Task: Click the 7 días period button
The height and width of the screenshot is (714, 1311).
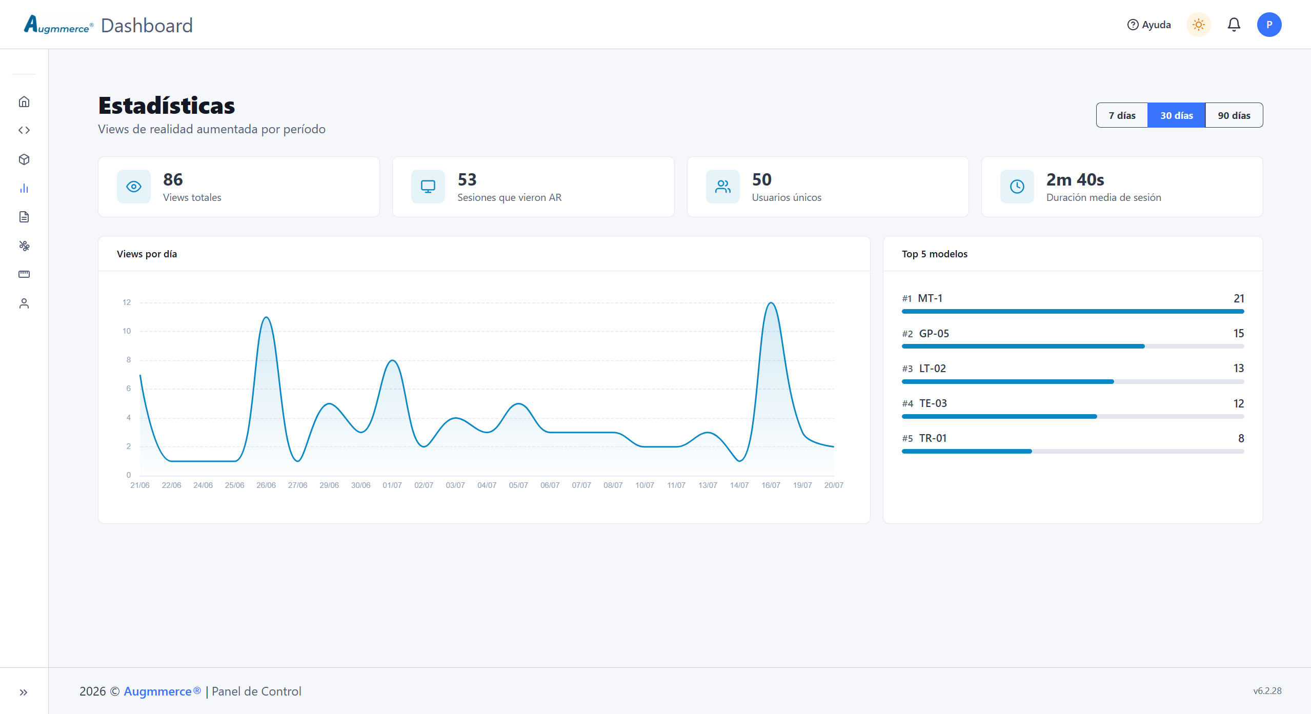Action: point(1122,115)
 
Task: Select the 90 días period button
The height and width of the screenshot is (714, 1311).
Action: point(1234,115)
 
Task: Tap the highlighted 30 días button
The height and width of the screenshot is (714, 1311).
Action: point(1176,115)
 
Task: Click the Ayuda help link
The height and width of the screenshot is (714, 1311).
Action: point(1149,25)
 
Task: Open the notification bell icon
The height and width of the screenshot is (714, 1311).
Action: point(1234,25)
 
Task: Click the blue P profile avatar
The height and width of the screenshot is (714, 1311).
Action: point(1269,25)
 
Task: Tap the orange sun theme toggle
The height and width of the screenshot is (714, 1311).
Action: point(1199,25)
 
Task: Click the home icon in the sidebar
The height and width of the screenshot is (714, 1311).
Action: point(24,101)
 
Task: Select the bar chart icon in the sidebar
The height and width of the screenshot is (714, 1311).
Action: point(24,188)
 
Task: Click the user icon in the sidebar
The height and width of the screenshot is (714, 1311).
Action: point(24,303)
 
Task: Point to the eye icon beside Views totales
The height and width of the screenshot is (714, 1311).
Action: point(134,187)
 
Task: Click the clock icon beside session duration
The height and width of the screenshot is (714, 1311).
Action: point(1017,187)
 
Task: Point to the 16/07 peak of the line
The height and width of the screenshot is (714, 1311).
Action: point(771,303)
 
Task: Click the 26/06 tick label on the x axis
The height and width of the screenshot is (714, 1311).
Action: point(266,485)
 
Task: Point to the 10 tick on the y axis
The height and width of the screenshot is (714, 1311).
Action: point(127,331)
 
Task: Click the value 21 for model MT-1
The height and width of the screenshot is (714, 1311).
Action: point(1239,298)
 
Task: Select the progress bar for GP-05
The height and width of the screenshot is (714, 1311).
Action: point(1073,346)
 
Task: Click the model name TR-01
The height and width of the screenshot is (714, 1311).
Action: point(933,438)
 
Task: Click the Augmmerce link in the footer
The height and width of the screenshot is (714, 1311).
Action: point(163,691)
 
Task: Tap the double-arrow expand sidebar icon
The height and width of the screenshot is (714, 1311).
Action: point(24,692)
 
